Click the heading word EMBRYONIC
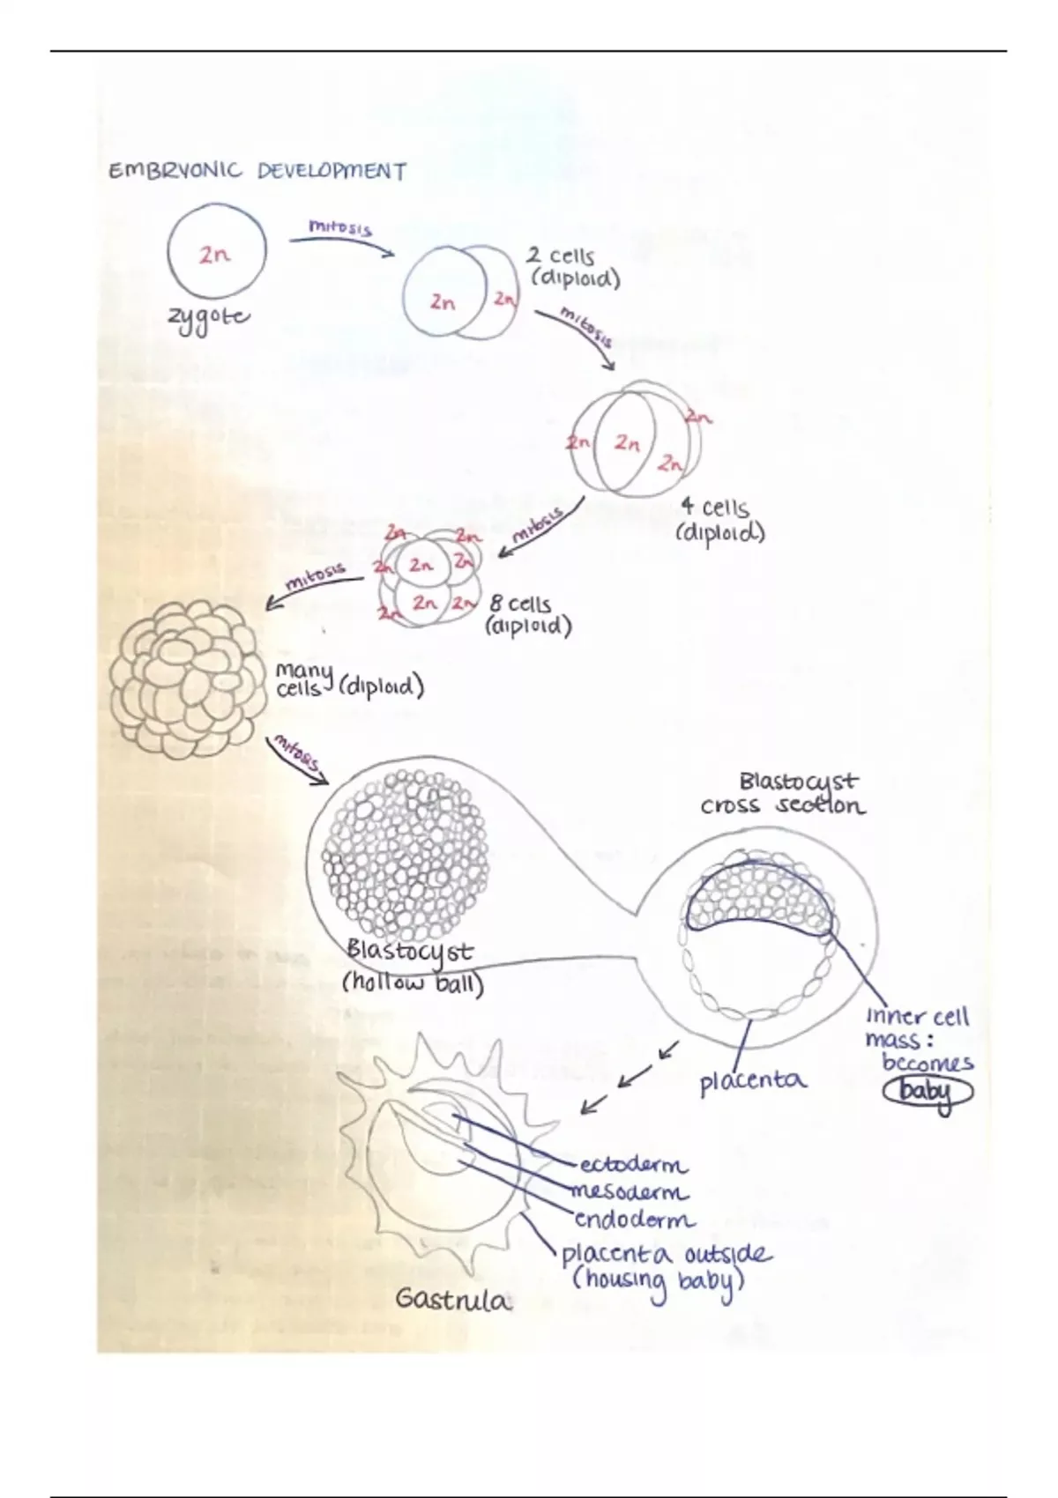tap(175, 170)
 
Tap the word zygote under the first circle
tap(209, 319)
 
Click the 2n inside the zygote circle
tap(214, 255)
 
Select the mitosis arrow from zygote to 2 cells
tap(342, 239)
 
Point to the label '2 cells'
tap(561, 256)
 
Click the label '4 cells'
tap(714, 508)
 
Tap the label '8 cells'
tap(520, 604)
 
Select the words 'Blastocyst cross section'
tap(784, 793)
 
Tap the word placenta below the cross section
tap(752, 1080)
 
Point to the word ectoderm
tap(633, 1165)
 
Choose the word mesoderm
tap(630, 1192)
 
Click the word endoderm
tap(634, 1220)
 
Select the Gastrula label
tap(452, 1299)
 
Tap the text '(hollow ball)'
tap(413, 983)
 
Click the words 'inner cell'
tap(917, 1016)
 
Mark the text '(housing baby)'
tap(659, 1280)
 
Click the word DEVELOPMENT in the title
tap(332, 170)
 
